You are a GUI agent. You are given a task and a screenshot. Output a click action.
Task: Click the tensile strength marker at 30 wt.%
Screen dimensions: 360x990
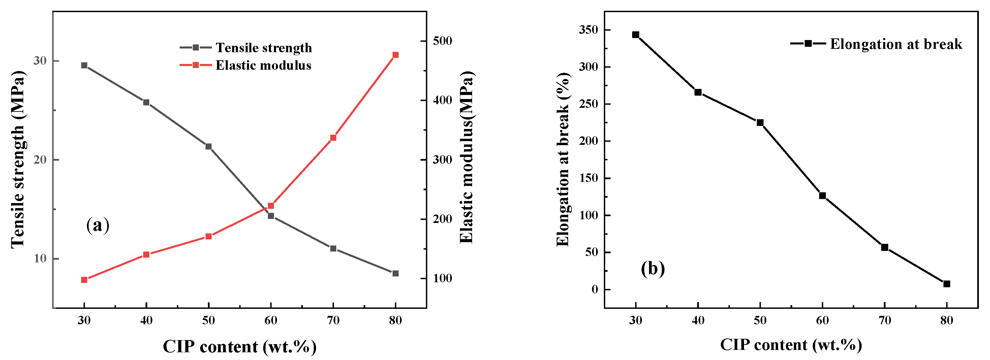(x=84, y=65)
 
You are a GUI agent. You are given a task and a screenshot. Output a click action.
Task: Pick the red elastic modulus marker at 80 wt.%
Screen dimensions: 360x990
(x=396, y=55)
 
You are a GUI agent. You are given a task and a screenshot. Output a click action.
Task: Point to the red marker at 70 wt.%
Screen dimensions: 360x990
(x=333, y=137)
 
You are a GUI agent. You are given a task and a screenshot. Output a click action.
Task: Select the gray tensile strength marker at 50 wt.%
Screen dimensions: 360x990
(x=209, y=146)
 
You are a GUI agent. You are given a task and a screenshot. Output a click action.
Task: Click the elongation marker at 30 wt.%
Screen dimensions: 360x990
(x=636, y=35)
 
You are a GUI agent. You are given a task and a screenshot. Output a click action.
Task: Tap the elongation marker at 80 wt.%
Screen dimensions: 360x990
(x=947, y=284)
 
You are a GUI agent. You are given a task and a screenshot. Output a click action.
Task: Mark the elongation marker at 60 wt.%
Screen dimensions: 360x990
(x=823, y=196)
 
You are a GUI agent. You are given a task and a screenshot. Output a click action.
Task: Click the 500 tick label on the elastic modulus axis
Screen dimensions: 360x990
(x=442, y=41)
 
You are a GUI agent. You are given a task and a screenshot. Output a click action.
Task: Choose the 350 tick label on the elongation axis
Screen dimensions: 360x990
(x=588, y=30)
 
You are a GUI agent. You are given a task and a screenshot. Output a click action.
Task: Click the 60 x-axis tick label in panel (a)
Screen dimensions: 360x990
(x=271, y=320)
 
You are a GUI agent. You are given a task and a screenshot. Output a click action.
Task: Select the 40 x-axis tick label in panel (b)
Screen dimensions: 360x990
(x=698, y=320)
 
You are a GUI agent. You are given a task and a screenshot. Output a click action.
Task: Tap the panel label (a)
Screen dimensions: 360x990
(x=98, y=225)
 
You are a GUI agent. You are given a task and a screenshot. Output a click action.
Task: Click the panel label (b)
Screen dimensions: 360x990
(x=653, y=268)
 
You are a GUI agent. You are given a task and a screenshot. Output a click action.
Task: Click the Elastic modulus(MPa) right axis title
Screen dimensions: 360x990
(x=467, y=158)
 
